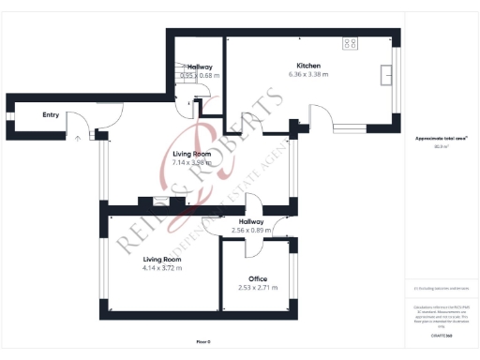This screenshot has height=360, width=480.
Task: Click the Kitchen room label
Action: (308, 66)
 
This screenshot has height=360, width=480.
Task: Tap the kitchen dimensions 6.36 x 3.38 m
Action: (308, 74)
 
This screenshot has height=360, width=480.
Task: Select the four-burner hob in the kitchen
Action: (351, 42)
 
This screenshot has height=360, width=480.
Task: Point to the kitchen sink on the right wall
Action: (385, 73)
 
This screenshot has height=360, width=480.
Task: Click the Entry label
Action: (51, 115)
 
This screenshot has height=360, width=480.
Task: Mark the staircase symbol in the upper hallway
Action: (185, 85)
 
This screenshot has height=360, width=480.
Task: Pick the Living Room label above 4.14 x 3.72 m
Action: (161, 259)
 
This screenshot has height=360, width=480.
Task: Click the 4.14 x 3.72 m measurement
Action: (161, 267)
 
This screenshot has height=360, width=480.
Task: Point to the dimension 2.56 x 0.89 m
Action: (250, 231)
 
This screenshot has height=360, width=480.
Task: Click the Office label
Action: (258, 278)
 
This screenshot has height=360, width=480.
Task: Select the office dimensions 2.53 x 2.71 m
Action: (258, 287)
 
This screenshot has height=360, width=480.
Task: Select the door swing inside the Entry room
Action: (110, 114)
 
